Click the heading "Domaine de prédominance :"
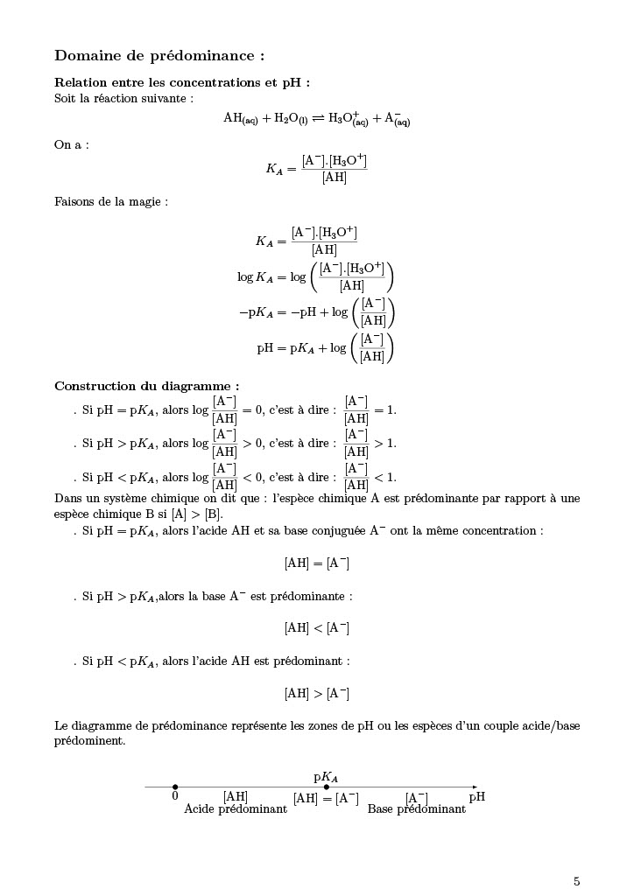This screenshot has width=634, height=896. click(x=159, y=56)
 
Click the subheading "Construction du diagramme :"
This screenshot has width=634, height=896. click(x=146, y=386)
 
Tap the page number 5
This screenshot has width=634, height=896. click(x=576, y=881)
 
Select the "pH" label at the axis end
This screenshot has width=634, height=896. click(x=476, y=797)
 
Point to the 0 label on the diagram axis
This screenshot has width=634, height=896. click(x=175, y=797)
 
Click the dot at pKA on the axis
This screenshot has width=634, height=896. click(x=327, y=787)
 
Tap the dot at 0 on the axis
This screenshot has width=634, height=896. click(x=175, y=787)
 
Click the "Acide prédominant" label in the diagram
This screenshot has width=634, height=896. click(x=236, y=809)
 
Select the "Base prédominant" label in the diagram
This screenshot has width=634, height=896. click(x=417, y=809)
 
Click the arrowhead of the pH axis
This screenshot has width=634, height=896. click(x=475, y=787)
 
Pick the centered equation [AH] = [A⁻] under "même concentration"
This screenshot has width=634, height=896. click(x=317, y=563)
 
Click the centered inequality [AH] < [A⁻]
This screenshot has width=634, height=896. click(x=317, y=628)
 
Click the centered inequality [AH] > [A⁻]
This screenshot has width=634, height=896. click(x=317, y=694)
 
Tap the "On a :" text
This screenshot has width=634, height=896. click(x=71, y=145)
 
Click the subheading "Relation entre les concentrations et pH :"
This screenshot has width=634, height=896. click(x=182, y=83)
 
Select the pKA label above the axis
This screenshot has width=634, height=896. click(x=326, y=776)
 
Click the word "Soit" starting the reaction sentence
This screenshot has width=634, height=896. click(x=66, y=98)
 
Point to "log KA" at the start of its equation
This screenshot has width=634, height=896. click(x=256, y=277)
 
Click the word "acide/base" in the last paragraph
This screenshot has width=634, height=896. click(x=553, y=725)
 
